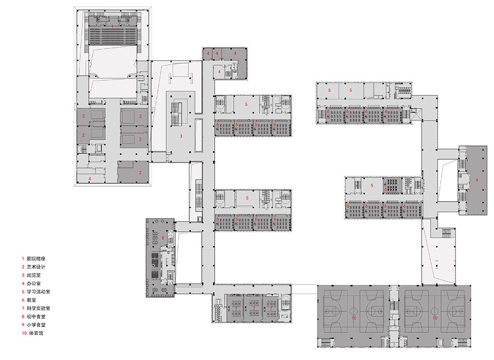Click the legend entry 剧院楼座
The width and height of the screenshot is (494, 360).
34,259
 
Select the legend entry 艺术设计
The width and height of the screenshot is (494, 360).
34,267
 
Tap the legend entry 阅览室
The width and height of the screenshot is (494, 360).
31,275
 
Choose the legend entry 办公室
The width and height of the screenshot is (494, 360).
31,283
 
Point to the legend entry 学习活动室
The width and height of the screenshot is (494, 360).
36,292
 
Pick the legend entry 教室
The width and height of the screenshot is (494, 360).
29,300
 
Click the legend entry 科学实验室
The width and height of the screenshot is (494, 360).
36,308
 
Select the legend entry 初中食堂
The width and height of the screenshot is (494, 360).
34,316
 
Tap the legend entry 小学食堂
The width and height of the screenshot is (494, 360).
34,325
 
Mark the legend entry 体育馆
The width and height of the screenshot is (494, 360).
32,333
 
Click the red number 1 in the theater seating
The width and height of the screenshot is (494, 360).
113,26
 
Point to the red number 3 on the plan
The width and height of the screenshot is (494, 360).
181,136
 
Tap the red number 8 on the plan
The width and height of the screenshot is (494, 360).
163,238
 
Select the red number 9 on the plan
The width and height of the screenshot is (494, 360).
477,180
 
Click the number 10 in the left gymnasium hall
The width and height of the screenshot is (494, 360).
354,318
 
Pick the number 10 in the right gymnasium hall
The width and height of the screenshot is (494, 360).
435,318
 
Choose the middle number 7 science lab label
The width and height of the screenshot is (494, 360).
254,309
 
